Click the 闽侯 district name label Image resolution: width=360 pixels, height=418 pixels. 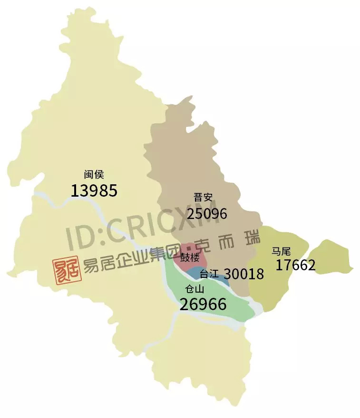coord(94,175)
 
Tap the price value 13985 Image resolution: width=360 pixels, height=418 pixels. coord(94,190)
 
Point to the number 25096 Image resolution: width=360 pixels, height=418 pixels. coord(207,214)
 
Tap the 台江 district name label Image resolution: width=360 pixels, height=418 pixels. coord(209,274)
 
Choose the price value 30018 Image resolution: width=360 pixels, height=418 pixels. coord(243,274)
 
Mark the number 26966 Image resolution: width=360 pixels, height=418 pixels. coord(203,304)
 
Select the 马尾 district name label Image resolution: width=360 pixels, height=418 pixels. coord(281,250)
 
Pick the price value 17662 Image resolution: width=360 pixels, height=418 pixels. coord(295,265)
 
